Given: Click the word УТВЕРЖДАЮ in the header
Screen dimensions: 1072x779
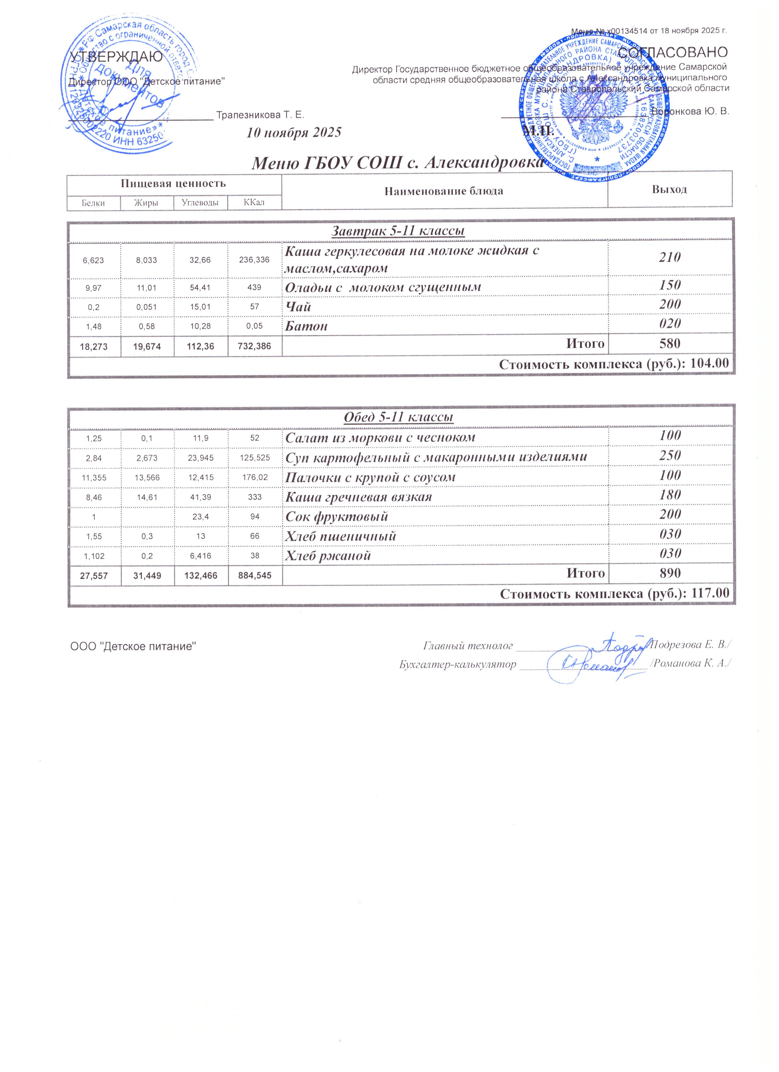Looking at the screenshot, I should pos(116,57).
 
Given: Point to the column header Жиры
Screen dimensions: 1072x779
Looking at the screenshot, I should pos(147,203).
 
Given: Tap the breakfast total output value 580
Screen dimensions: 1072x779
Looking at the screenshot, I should pos(670,343).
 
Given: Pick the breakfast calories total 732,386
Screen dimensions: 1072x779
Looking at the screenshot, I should pos(255,346).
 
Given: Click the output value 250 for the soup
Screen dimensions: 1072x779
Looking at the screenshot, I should pos(670,456).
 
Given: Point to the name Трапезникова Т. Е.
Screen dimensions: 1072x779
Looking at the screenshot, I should pos(260,115).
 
